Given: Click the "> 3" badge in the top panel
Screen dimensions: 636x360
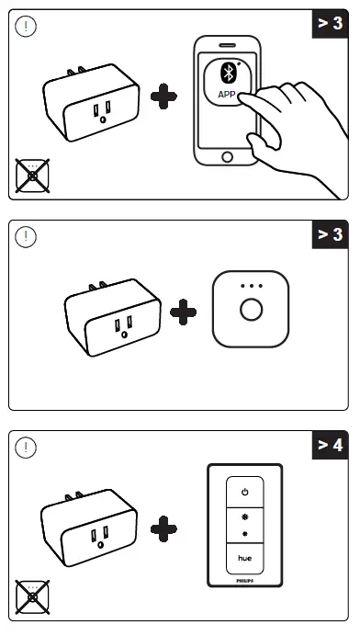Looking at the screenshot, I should coord(331,22).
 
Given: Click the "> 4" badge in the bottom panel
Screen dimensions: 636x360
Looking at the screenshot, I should coord(331,446).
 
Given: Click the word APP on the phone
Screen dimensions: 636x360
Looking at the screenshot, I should coord(227,94).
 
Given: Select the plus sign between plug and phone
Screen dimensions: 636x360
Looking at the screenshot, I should coord(164,98).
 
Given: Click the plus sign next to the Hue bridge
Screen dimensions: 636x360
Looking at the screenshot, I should coord(184,312).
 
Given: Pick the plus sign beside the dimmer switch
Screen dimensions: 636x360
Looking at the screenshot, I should coord(164,527).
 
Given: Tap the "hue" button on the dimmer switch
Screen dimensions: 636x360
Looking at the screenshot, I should coord(245,557).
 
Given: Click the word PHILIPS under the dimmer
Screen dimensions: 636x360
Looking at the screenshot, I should coord(245,581).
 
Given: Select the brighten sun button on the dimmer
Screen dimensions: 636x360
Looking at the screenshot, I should coord(245,517).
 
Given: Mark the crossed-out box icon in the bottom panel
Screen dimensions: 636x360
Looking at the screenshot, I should coord(32,597).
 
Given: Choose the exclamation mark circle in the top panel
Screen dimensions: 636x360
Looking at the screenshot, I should coord(28,27).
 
